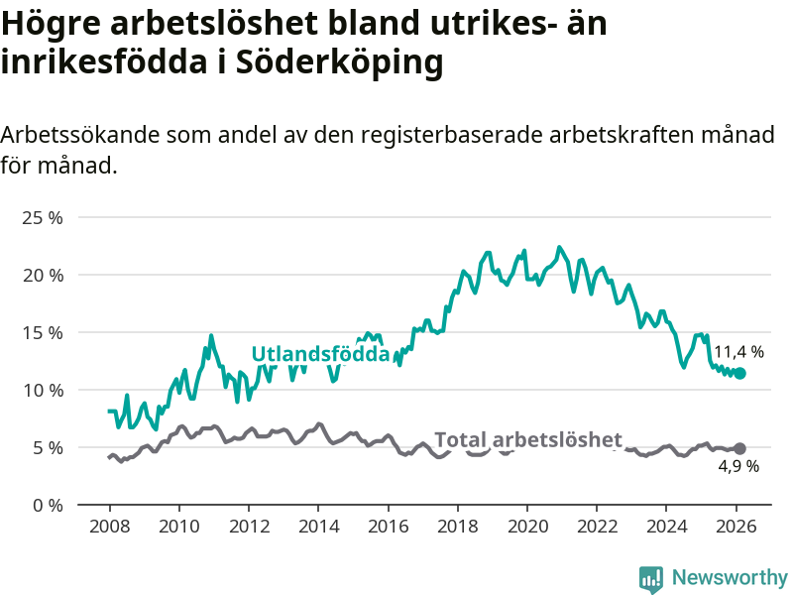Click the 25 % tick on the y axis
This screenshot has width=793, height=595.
(x=42, y=217)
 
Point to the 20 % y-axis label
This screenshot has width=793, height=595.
(x=42, y=275)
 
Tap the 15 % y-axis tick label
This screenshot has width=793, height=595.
(x=42, y=332)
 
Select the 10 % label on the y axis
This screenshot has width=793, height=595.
(x=42, y=390)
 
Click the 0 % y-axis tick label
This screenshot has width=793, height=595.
(x=46, y=505)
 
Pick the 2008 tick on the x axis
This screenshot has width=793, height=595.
(x=109, y=526)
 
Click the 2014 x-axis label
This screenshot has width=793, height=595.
(x=318, y=526)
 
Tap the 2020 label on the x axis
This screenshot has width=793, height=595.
(x=527, y=526)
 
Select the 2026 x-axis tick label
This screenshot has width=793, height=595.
(x=736, y=526)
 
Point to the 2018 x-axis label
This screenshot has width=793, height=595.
(x=458, y=526)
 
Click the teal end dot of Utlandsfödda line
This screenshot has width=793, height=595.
(x=739, y=373)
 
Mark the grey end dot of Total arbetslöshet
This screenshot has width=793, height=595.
(x=739, y=448)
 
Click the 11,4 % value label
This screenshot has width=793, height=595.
(x=739, y=351)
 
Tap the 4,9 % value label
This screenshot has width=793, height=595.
(x=738, y=466)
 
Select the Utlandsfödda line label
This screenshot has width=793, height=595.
(x=319, y=354)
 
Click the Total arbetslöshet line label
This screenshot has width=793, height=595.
(x=528, y=439)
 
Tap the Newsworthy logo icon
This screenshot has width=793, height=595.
(x=651, y=578)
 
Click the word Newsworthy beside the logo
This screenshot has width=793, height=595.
(x=730, y=577)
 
